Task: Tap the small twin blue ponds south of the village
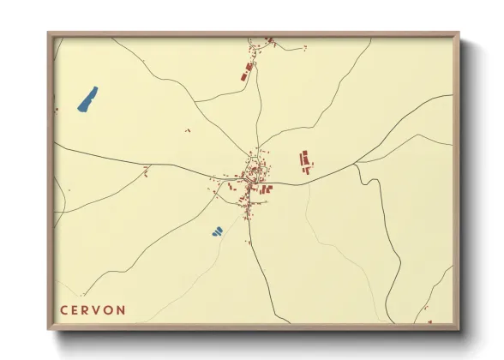(x=217, y=231)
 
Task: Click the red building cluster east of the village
(x=305, y=160)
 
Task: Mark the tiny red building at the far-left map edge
(x=57, y=110)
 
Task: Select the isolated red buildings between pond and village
(x=188, y=130)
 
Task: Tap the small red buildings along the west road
(x=146, y=170)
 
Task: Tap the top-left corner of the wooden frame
(x=49, y=33)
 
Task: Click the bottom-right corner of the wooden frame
(x=459, y=329)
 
